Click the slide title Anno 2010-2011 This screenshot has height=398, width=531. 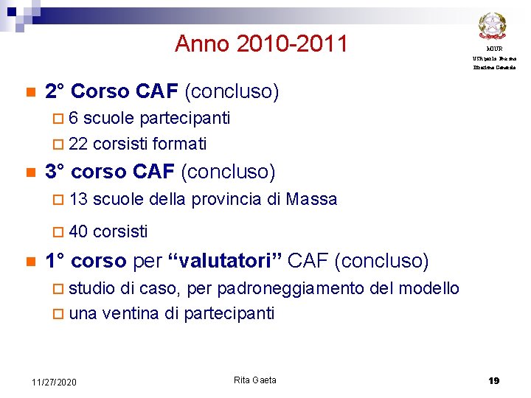point(261,44)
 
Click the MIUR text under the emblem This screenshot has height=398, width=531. point(494,48)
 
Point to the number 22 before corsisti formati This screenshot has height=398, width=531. point(78,143)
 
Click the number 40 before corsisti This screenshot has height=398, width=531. point(78,231)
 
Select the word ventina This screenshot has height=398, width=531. point(131,313)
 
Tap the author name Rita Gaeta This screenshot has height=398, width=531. point(255,380)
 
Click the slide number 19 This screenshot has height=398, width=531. point(493,381)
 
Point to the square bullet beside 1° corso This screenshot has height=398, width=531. point(29,262)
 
